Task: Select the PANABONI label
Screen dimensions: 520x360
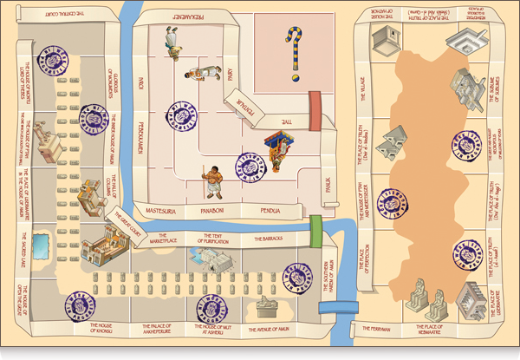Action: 212,210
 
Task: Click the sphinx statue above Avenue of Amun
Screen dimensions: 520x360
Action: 266,305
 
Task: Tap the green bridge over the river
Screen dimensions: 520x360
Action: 316,227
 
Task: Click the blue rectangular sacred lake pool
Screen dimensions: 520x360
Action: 42,246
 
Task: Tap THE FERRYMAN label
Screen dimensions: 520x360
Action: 376,330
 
